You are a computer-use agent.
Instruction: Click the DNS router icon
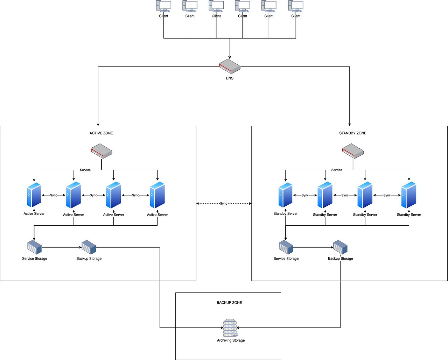point(230,66)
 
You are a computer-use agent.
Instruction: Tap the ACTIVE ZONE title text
point(101,133)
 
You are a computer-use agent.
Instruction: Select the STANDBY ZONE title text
point(352,133)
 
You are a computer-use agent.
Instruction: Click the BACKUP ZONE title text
point(229,303)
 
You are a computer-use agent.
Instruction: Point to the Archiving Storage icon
point(230,328)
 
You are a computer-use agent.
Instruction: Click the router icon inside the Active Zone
point(101,151)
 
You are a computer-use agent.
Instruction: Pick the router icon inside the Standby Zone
point(353,151)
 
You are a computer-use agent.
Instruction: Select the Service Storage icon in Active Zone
point(34,247)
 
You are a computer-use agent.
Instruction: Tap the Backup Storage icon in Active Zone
point(89,247)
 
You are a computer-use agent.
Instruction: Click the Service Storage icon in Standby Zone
point(286,247)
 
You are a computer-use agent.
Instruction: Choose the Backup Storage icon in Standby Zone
point(340,247)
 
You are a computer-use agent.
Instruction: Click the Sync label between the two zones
point(224,204)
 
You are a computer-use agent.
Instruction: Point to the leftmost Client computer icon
point(163,7)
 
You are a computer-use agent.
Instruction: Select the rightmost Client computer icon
point(296,7)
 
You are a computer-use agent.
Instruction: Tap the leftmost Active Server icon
point(34,195)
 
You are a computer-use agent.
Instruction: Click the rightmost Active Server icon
point(157,195)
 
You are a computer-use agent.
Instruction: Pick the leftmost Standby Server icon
point(286,195)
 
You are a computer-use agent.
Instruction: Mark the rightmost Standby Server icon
point(409,195)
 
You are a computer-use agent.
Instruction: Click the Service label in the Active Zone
point(85,170)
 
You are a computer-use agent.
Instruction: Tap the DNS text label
point(230,78)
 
